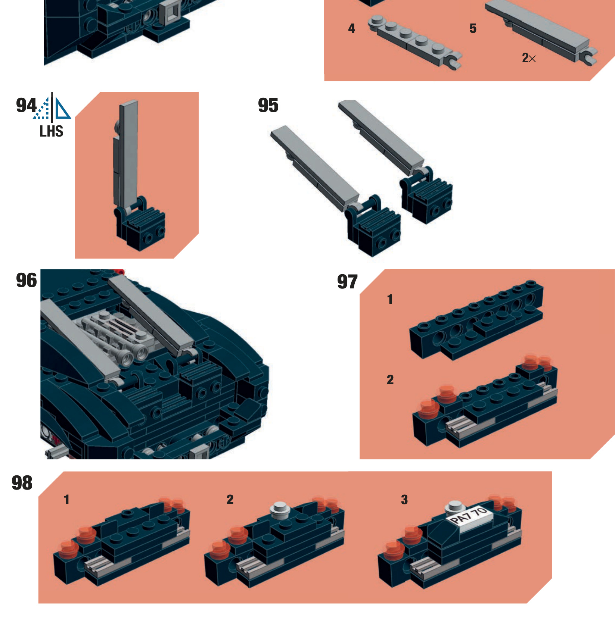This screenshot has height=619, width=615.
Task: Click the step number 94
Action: [26, 106]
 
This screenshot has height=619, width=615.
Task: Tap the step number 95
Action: [268, 106]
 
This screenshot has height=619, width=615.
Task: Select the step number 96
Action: [26, 281]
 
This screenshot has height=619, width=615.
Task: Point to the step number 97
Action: [347, 282]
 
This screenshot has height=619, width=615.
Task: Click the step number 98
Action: [22, 483]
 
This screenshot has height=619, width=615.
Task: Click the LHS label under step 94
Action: [52, 132]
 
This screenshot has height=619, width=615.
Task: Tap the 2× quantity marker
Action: [529, 58]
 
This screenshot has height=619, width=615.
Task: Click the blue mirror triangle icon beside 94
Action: [62, 108]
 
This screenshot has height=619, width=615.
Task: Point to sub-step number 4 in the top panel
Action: [351, 29]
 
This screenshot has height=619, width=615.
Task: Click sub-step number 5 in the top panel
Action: [473, 29]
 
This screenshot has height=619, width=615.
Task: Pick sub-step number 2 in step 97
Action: [390, 380]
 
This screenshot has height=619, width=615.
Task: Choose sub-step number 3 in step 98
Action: [404, 500]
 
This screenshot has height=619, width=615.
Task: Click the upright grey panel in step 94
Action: [127, 153]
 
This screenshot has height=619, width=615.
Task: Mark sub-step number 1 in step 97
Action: [390, 300]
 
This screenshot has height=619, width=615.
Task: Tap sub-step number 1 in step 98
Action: [66, 500]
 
